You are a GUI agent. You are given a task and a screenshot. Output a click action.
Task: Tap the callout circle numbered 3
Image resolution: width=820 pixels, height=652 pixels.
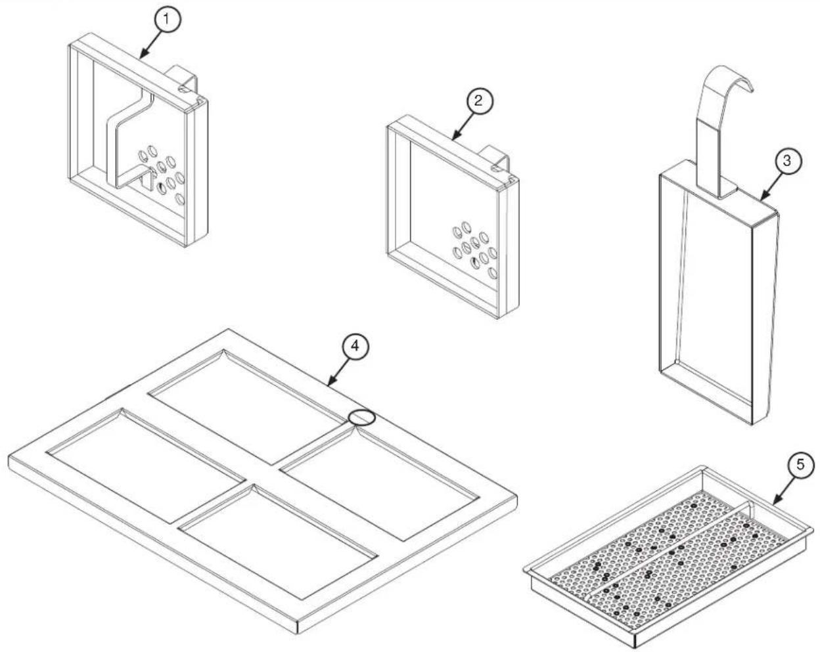pyautogui.click(x=788, y=161)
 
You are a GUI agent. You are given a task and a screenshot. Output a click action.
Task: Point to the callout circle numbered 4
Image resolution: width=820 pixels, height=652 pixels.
pyautogui.click(x=355, y=346)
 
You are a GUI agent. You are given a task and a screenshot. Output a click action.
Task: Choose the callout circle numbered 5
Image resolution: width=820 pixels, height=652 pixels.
pyautogui.click(x=800, y=465)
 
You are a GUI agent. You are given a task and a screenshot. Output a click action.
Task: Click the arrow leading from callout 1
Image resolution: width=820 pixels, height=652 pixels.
pyautogui.click(x=149, y=44)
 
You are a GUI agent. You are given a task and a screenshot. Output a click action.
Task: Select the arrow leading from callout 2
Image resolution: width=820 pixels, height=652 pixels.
pyautogui.click(x=461, y=126)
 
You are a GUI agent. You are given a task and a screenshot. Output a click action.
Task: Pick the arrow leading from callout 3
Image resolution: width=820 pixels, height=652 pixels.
pyautogui.click(x=770, y=186)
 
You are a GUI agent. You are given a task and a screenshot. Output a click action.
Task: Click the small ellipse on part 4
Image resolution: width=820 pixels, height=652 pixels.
pyautogui.click(x=363, y=418)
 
